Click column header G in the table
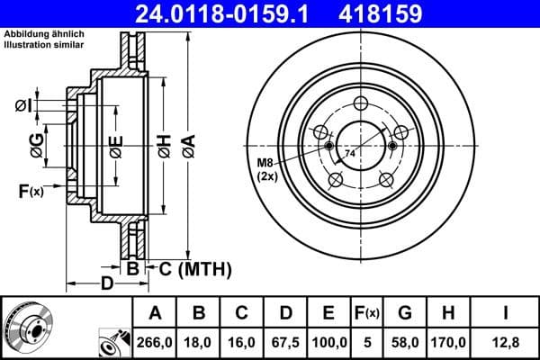pos(406,313)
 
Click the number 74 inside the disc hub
pos(350,156)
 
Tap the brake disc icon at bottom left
pos(28,327)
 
